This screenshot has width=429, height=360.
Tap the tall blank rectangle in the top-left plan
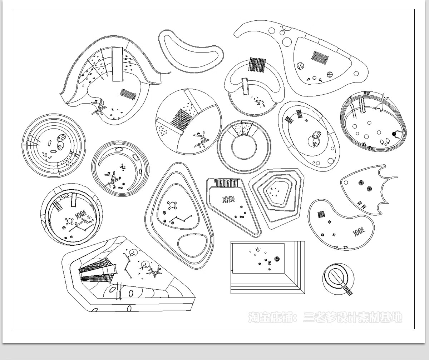pyautogui.click(x=117, y=64)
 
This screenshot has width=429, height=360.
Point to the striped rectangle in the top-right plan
pyautogui.click(x=320, y=57)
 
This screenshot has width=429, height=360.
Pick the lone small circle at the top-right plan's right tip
pyautogui.click(x=356, y=74)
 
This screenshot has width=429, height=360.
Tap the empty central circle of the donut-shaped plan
pyautogui.click(x=244, y=147)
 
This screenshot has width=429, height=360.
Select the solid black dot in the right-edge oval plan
pyautogui.click(x=394, y=134)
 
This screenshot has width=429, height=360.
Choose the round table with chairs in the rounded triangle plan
pyautogui.click(x=172, y=205)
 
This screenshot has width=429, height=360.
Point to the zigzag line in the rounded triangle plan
pyautogui.click(x=181, y=219)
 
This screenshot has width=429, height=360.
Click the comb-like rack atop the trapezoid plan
pyautogui.click(x=226, y=182)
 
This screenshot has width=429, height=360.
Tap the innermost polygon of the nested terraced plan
pyautogui.click(x=279, y=192)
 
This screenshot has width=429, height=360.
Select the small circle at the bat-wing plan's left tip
pyautogui.click(x=346, y=182)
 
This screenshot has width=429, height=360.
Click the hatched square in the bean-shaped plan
pyautogui.click(x=321, y=215)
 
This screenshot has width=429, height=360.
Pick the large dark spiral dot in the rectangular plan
pyautogui.click(x=277, y=259)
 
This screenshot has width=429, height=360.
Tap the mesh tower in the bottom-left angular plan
pyautogui.click(x=98, y=270)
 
